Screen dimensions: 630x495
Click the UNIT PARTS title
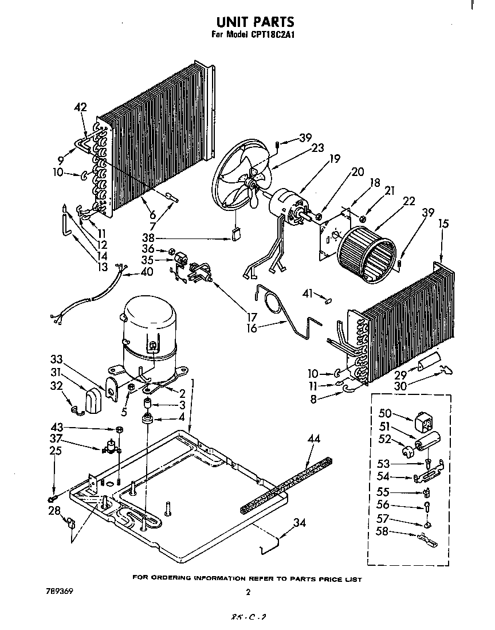[255, 22]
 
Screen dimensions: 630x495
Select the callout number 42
[81, 107]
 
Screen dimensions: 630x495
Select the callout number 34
[298, 522]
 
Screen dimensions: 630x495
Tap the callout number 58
[382, 531]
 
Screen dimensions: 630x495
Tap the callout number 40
[147, 272]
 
